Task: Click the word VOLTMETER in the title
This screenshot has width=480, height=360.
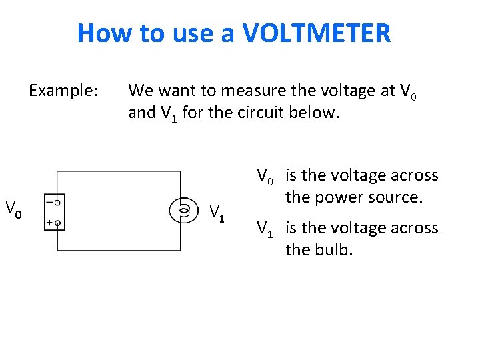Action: pos(317,32)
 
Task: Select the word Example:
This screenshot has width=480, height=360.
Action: pos(64,89)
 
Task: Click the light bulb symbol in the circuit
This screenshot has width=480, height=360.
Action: pos(182,211)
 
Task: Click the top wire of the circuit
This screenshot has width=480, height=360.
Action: pos(119,172)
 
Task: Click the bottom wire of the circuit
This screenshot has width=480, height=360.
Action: pos(119,251)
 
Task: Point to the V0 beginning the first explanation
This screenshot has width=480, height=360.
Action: pos(266,177)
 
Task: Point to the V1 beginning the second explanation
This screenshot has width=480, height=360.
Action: pos(266,229)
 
